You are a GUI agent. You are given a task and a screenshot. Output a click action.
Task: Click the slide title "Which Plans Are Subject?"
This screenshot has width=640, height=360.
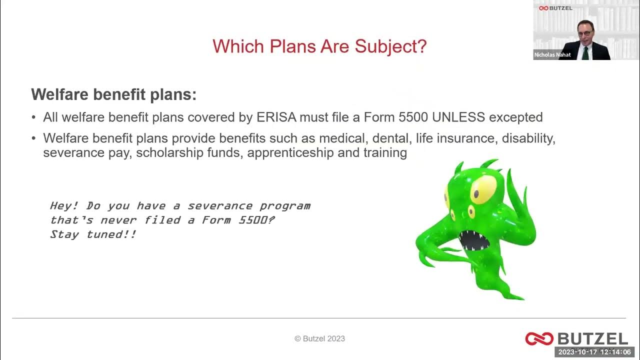coord(319,46)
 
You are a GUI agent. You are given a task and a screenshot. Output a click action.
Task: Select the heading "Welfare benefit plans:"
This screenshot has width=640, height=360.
coord(114,94)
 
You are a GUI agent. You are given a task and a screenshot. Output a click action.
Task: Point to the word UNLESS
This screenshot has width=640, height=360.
coord(458,117)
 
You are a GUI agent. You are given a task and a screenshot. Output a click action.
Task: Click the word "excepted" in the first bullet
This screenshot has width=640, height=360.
coord(515,117)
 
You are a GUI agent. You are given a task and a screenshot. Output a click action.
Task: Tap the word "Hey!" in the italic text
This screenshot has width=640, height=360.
coord(64,205)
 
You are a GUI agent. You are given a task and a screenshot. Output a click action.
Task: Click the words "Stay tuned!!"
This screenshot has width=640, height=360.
coord(93,234)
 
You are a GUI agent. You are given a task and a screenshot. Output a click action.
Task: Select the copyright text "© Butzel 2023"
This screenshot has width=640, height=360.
coord(319,338)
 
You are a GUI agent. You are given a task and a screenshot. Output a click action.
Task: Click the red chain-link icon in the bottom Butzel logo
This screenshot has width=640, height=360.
coord(539,338)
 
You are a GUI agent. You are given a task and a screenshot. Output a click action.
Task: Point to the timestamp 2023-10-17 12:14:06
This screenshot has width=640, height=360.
coord(594,352)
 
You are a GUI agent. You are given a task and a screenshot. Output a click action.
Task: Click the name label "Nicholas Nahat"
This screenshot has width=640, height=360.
coord(552,55)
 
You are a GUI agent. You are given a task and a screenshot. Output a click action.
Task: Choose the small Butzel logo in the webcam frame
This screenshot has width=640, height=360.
coord(555,8)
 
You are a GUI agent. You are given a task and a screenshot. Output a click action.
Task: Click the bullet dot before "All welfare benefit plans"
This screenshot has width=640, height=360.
coord(33,118)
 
